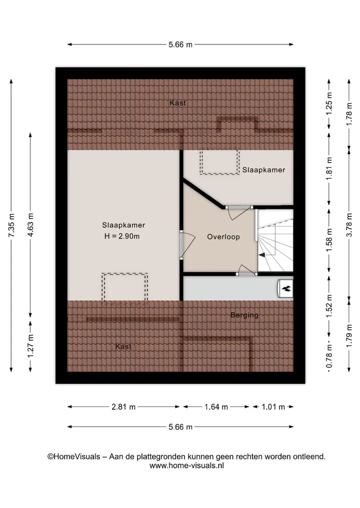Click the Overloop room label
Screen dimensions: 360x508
pyautogui.click(x=223, y=237)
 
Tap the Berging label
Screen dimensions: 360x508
pyautogui.click(x=244, y=315)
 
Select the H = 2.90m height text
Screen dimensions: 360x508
pyautogui.click(x=122, y=236)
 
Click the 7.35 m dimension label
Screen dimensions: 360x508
pyautogui.click(x=11, y=225)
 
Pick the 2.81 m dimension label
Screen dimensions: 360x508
pyautogui.click(x=123, y=407)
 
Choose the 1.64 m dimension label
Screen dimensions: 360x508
pyautogui.click(x=216, y=407)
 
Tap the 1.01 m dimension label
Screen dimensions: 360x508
pyautogui.click(x=273, y=407)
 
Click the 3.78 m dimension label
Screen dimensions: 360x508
pyautogui.click(x=349, y=225)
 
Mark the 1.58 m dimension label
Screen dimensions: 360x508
pyautogui.click(x=329, y=240)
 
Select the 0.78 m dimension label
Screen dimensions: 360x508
pyautogui.click(x=329, y=356)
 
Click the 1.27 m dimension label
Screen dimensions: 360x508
pyautogui.click(x=30, y=346)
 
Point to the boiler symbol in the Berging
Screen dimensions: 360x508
pyautogui.click(x=285, y=288)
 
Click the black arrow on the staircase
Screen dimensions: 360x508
pyautogui.click(x=261, y=255)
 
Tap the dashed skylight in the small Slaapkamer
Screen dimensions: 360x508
pyautogui.click(x=220, y=162)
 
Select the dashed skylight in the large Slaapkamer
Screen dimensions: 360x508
pyautogui.click(x=125, y=287)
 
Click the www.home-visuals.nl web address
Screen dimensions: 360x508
pyautogui.click(x=186, y=466)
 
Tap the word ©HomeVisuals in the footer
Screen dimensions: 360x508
pyautogui.click(x=74, y=457)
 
